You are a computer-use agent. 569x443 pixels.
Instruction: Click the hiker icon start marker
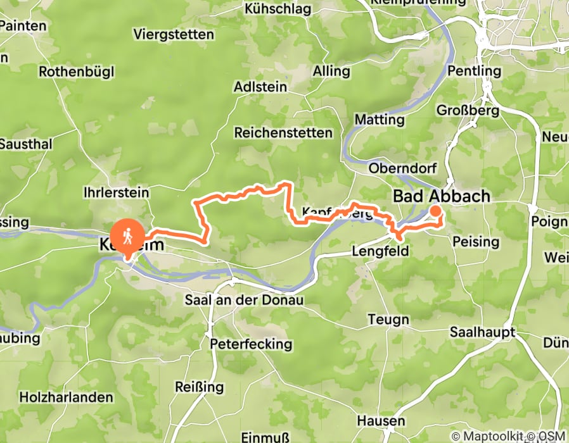127,236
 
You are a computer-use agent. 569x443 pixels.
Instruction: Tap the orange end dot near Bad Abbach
436,211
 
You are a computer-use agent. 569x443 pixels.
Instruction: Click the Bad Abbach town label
442,196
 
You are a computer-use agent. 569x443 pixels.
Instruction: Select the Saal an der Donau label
245,299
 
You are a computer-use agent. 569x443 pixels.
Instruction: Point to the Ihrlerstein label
116,192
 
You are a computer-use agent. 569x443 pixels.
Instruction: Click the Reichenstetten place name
283,133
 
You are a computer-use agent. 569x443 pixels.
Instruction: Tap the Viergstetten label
174,34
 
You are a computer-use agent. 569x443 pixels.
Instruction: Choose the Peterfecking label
251,344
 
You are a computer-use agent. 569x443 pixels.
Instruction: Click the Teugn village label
388,320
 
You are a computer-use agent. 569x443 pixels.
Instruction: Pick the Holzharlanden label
67,397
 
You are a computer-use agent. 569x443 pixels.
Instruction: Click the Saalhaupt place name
480,332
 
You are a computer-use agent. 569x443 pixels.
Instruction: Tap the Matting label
379,119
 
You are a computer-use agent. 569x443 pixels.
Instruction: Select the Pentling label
474,70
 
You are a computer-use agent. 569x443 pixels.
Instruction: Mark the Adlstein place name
260,87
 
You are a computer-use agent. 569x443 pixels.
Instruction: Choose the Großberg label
468,110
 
